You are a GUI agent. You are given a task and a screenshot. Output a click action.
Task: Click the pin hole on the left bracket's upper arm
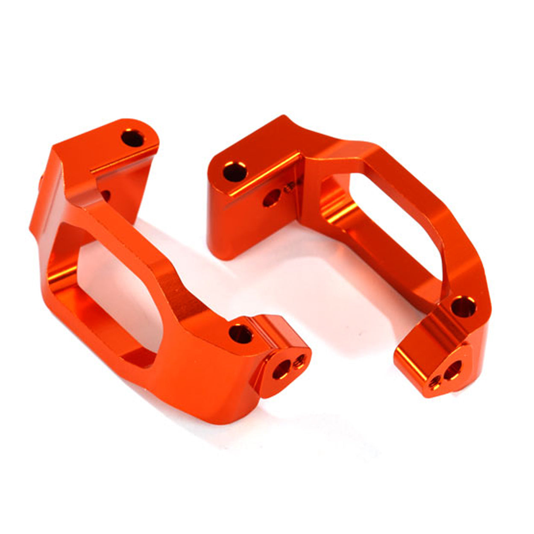point(133,139)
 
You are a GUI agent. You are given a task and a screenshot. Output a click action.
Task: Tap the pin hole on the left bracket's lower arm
point(241,333)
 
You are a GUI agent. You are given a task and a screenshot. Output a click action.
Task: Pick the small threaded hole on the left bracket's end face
point(299,362)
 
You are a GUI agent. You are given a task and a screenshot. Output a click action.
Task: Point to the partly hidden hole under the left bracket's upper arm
point(105,196)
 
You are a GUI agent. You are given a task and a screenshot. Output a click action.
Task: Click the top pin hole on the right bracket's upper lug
point(235,172)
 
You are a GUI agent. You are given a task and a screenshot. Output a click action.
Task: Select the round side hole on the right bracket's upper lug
point(271,198)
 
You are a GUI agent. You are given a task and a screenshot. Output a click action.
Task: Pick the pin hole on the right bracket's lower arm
point(463,306)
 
